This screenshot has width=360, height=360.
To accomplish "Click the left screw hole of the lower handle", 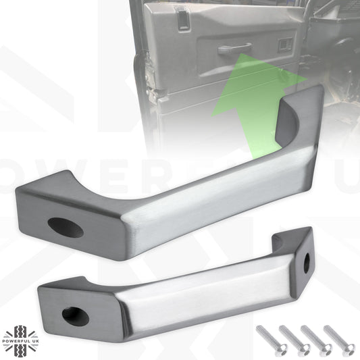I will click(72, 313).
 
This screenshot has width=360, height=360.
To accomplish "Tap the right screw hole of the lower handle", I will click(306, 260).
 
